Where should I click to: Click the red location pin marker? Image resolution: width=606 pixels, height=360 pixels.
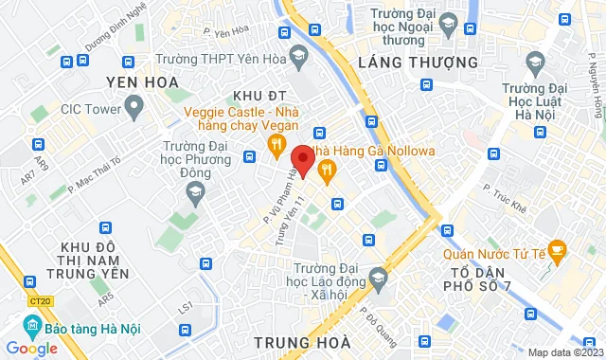pyautogui.click(x=303, y=157)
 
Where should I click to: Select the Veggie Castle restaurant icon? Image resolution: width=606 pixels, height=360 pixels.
pyautogui.click(x=276, y=144)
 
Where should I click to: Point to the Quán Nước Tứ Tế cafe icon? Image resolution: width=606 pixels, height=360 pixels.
pyautogui.click(x=557, y=251)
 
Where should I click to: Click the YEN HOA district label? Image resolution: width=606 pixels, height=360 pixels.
pyautogui.click(x=142, y=81)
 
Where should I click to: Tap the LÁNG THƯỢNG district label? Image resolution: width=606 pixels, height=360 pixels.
pyautogui.click(x=404, y=62)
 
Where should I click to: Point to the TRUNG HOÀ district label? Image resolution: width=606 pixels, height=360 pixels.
pyautogui.click(x=302, y=340)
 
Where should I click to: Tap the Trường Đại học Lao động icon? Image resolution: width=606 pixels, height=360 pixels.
pyautogui.click(x=379, y=278)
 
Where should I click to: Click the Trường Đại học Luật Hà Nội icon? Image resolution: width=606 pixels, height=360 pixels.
pyautogui.click(x=535, y=63)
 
